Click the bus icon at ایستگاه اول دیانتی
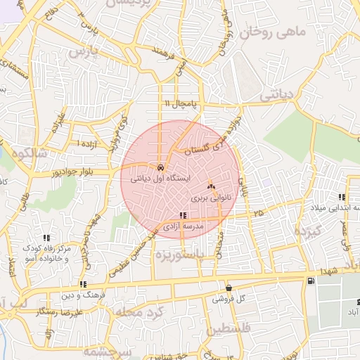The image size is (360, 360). point(162,169)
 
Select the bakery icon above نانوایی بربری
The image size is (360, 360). point(211,186)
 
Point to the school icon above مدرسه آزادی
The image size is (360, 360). point(183,216)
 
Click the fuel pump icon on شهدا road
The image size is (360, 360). point(310,281)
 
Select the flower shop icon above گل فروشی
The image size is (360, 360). point(229,288)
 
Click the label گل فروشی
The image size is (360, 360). point(231,299)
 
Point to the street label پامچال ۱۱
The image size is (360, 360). point(181,103)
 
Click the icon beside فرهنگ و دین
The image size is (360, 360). point(83,285)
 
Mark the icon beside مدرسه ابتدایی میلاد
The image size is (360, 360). point(342,198)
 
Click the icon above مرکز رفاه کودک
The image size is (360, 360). point(46,238)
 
